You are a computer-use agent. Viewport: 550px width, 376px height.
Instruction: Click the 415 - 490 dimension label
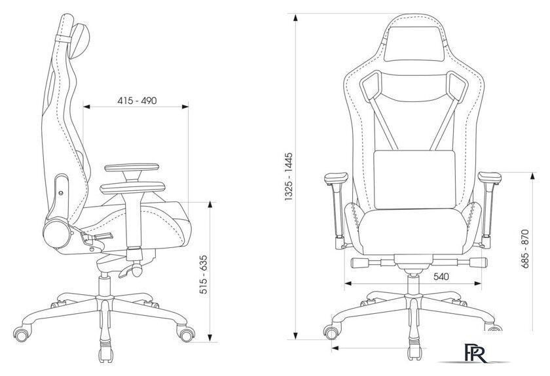point(137,101)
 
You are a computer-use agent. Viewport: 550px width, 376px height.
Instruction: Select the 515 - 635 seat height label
point(204,275)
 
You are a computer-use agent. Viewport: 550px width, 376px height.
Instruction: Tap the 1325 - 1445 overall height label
point(289,177)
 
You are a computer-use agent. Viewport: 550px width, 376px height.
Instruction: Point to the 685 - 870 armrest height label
point(524,248)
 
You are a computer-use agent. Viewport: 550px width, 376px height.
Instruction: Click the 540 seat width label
point(441,277)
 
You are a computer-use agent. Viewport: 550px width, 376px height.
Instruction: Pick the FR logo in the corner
point(475,353)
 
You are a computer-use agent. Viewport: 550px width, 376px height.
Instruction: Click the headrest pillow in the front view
point(414,44)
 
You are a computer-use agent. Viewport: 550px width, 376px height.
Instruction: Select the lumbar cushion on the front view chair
point(414,179)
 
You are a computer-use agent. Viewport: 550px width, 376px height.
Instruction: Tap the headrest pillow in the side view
point(80,41)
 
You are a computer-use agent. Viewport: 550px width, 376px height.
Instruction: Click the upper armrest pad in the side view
point(132,167)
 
